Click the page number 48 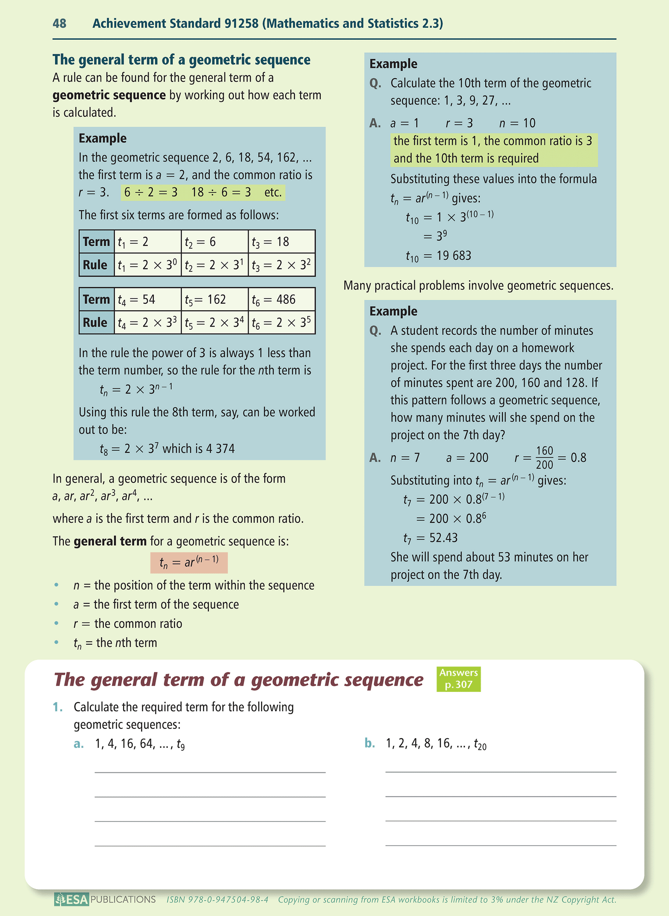pos(59,23)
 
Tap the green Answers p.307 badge pos(458,678)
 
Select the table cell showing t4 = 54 pos(147,300)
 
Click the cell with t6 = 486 pos(281,300)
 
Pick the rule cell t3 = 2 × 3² pos(281,265)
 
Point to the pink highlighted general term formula pos(189,563)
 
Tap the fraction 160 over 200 pos(544,458)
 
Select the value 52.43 pos(444,538)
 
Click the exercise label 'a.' pos(79,744)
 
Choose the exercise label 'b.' pos(369,744)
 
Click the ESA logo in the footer pos(71,899)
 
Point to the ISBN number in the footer pos(218,900)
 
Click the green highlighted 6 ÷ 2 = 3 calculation pos(151,192)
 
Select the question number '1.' pos(57,707)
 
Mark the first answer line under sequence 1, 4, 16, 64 pos(210,772)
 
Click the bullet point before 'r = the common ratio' pos(56,623)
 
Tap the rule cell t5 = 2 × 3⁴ pos(214,323)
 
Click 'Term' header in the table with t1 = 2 pos(96,242)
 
